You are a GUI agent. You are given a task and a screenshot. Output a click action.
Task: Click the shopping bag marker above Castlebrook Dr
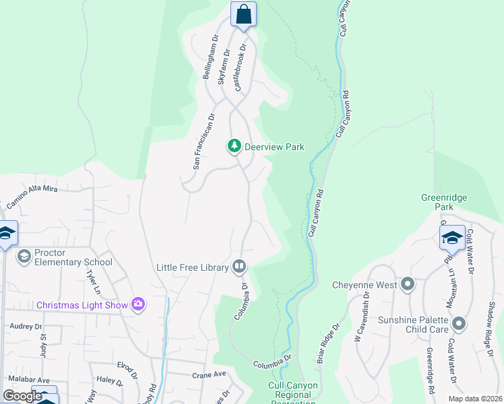[243, 14]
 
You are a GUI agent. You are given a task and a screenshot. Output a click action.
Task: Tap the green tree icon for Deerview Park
[234, 146]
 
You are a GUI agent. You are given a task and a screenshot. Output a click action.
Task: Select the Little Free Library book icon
[239, 267]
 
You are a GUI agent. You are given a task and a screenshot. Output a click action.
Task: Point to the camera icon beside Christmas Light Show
[138, 304]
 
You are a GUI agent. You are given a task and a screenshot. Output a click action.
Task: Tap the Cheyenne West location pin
[407, 284]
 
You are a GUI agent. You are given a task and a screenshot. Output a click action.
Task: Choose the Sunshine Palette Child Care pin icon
[459, 325]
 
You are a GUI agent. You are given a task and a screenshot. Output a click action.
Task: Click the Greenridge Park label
[444, 203]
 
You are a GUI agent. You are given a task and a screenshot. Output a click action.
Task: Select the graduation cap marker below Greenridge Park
[451, 238]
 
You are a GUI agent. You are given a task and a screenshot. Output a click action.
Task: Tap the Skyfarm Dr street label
[224, 65]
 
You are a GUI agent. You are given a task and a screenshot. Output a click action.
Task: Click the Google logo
[23, 395]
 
